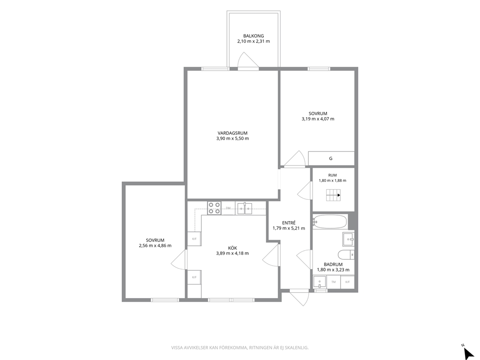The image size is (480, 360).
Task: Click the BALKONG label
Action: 254,36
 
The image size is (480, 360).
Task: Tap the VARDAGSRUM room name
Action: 232,133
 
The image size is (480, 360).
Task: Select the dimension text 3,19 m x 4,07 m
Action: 318,119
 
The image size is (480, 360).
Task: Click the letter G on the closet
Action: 330,159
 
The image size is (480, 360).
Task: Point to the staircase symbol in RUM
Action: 333,195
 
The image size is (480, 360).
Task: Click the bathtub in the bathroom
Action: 330,222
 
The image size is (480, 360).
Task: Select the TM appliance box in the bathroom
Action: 333,282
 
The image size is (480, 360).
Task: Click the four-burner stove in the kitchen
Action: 214,208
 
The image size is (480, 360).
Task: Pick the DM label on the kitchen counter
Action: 228,208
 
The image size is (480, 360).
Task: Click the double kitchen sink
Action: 244,208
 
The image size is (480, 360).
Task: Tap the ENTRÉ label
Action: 289,223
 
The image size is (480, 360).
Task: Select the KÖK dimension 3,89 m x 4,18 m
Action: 232,253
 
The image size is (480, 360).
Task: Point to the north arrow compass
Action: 467,352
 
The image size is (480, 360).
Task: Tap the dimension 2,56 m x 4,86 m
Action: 155,245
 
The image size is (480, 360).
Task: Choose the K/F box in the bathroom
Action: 347,282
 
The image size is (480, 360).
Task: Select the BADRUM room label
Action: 333,265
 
